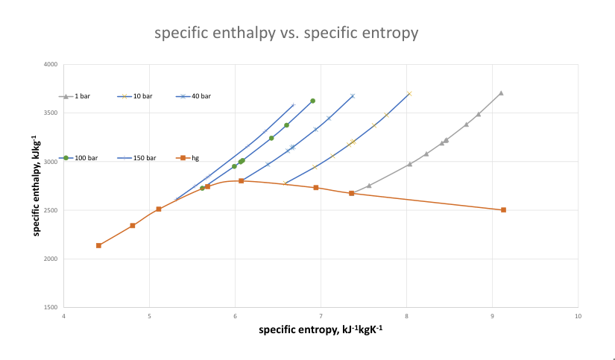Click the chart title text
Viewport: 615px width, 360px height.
pos(286,34)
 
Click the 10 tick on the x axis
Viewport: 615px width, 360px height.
pos(578,315)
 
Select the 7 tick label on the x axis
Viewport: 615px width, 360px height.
pos(321,315)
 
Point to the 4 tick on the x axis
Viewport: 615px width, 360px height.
pos(64,315)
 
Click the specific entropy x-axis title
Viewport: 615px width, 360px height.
pos(321,329)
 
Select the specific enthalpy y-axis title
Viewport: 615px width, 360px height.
pos(36,186)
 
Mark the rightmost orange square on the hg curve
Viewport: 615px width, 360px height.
pos(503,210)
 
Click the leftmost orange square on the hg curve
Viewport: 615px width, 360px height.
pos(98,245)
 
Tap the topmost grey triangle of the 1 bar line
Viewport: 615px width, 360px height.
pos(501,93)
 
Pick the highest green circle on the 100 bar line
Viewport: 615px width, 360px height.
pos(312,101)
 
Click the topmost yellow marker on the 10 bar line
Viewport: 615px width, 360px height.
pos(409,94)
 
